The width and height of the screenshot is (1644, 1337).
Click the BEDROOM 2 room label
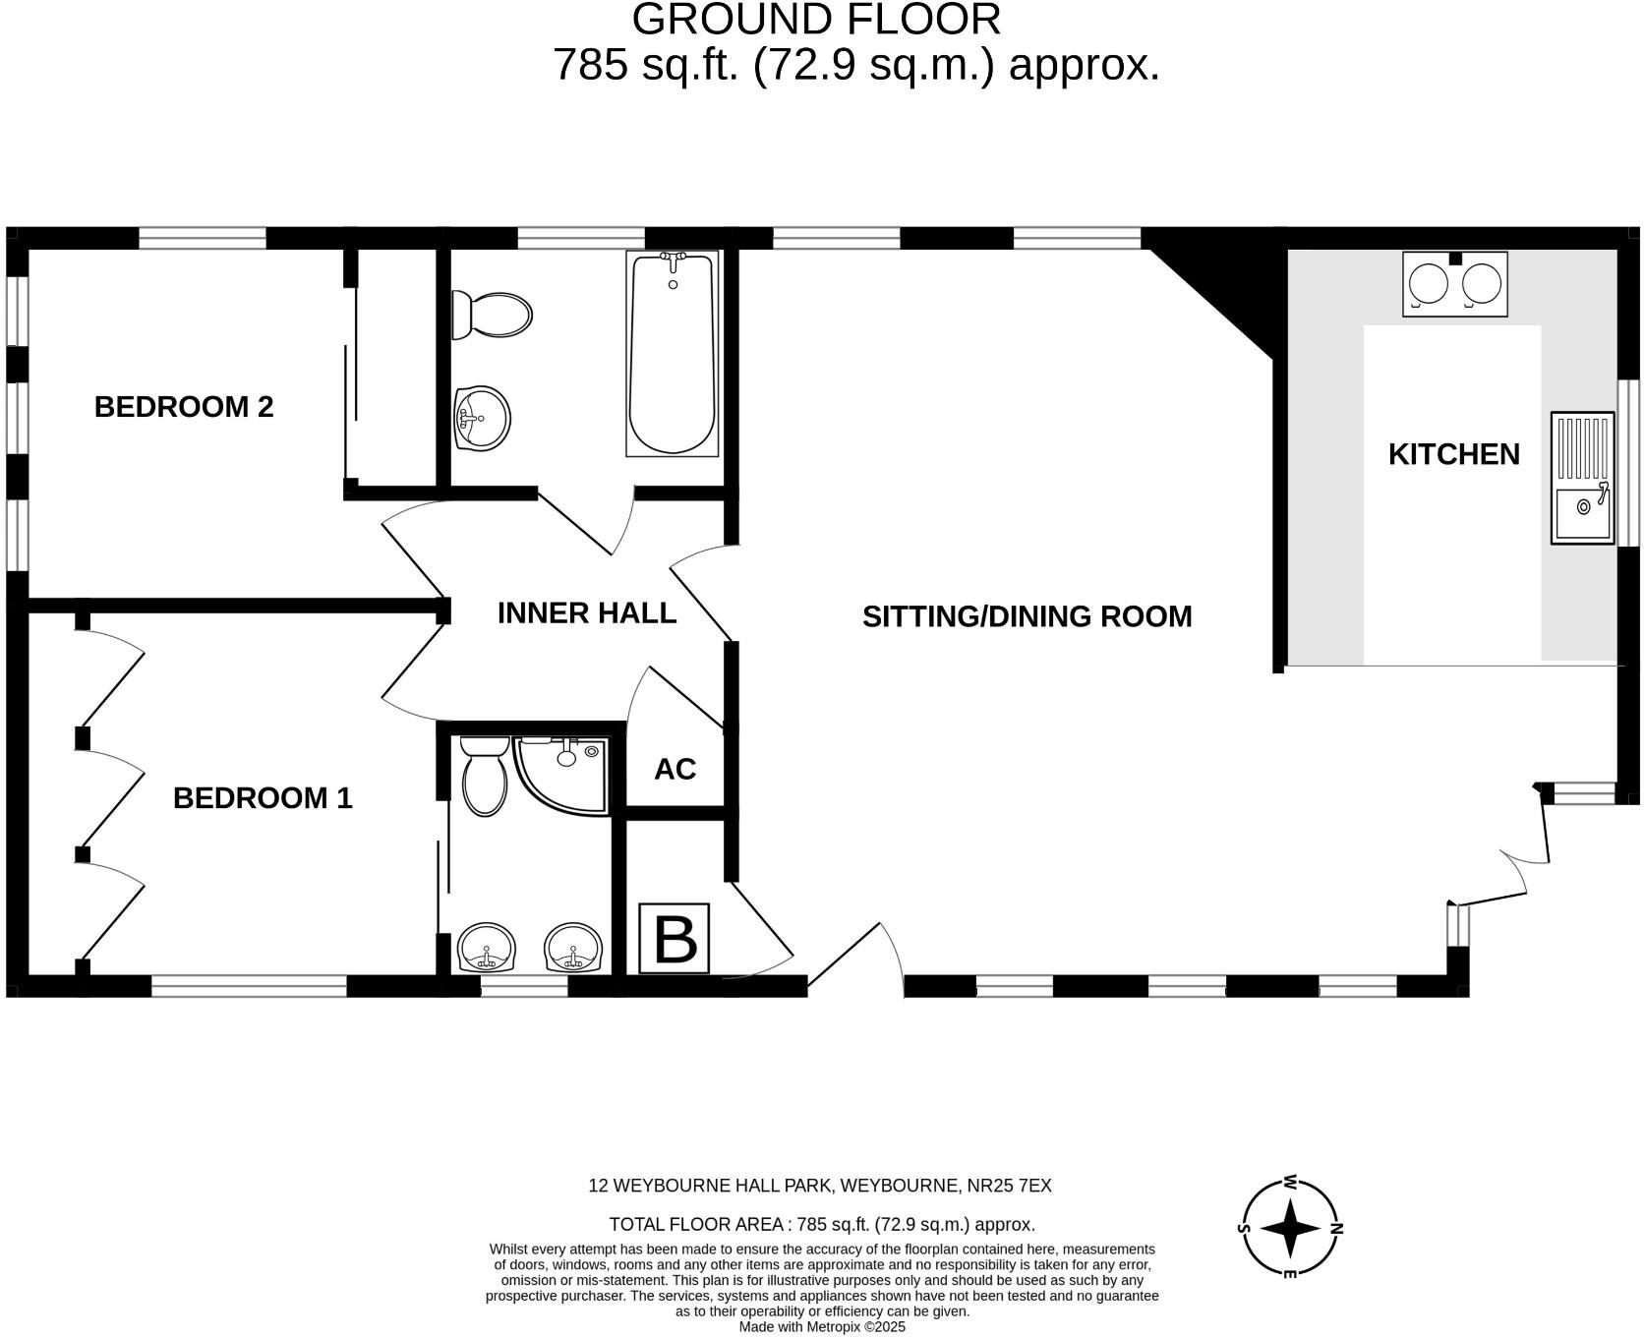click(184, 407)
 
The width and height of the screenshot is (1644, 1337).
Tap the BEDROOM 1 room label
click(263, 798)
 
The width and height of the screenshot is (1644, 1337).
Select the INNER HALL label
click(587, 613)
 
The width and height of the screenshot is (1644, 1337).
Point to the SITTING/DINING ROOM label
click(1027, 616)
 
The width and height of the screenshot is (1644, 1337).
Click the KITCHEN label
click(1453, 454)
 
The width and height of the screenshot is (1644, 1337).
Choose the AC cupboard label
click(675, 770)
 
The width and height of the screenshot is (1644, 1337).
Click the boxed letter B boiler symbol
click(675, 939)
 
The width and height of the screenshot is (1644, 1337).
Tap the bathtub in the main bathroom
click(673, 353)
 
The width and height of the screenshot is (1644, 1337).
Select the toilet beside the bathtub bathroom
click(491, 315)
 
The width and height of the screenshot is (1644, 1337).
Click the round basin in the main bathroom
click(482, 419)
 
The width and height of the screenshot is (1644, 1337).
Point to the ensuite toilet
click(483, 777)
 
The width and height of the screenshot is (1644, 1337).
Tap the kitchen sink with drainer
click(1583, 478)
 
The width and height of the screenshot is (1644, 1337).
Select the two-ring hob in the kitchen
click(1454, 284)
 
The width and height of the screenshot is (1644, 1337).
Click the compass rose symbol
click(1289, 1228)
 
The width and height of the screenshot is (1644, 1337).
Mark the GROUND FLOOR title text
click(816, 20)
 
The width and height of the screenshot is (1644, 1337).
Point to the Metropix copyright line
click(822, 1327)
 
